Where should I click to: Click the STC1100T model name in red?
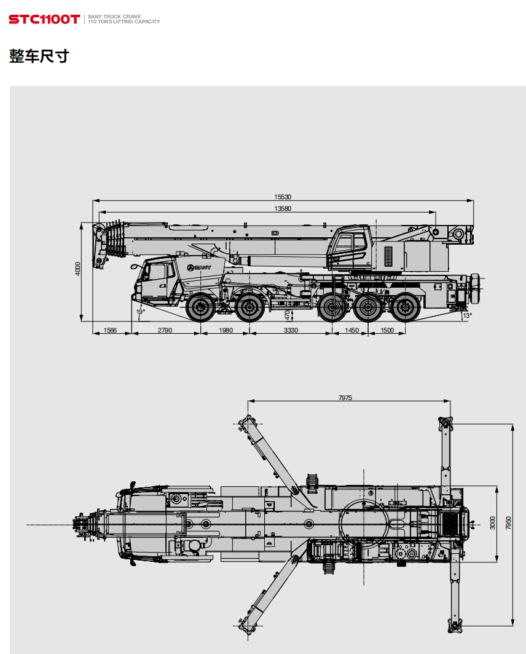pyautogui.click(x=44, y=19)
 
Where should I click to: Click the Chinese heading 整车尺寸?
pyautogui.click(x=39, y=56)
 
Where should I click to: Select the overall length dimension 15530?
pyautogui.click(x=283, y=197)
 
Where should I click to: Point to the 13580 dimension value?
pyautogui.click(x=283, y=208)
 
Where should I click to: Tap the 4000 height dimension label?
pyautogui.click(x=77, y=268)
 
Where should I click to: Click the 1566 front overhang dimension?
pyautogui.click(x=110, y=330)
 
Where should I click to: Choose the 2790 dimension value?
pyautogui.click(x=165, y=330)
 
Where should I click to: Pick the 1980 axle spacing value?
pyautogui.click(x=226, y=330)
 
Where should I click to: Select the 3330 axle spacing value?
pyautogui.click(x=291, y=330)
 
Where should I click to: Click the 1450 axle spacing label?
pyautogui.click(x=351, y=330)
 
